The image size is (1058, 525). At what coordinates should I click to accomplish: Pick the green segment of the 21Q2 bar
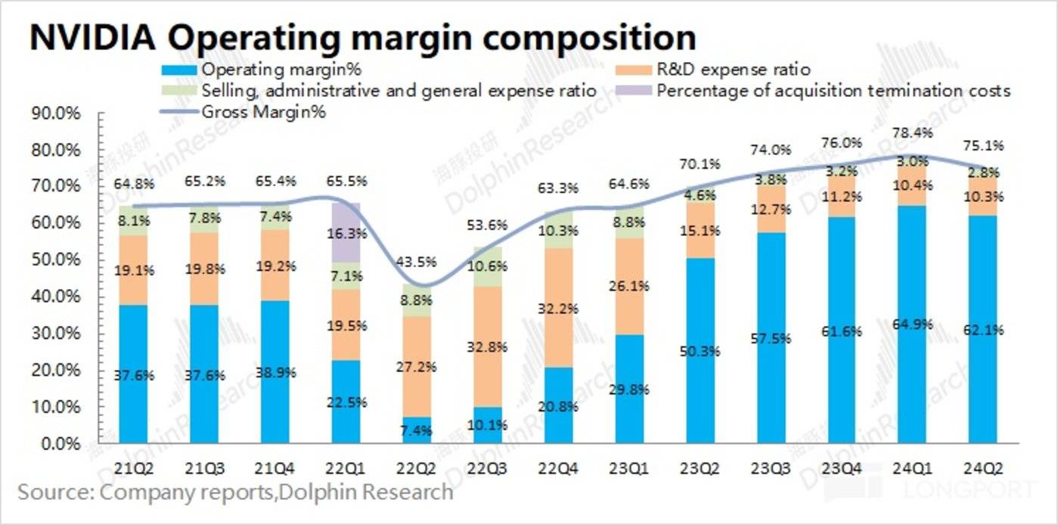click(133, 221)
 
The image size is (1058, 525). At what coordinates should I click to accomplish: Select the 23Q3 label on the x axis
click(771, 468)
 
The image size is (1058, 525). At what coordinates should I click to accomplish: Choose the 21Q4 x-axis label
click(274, 468)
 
